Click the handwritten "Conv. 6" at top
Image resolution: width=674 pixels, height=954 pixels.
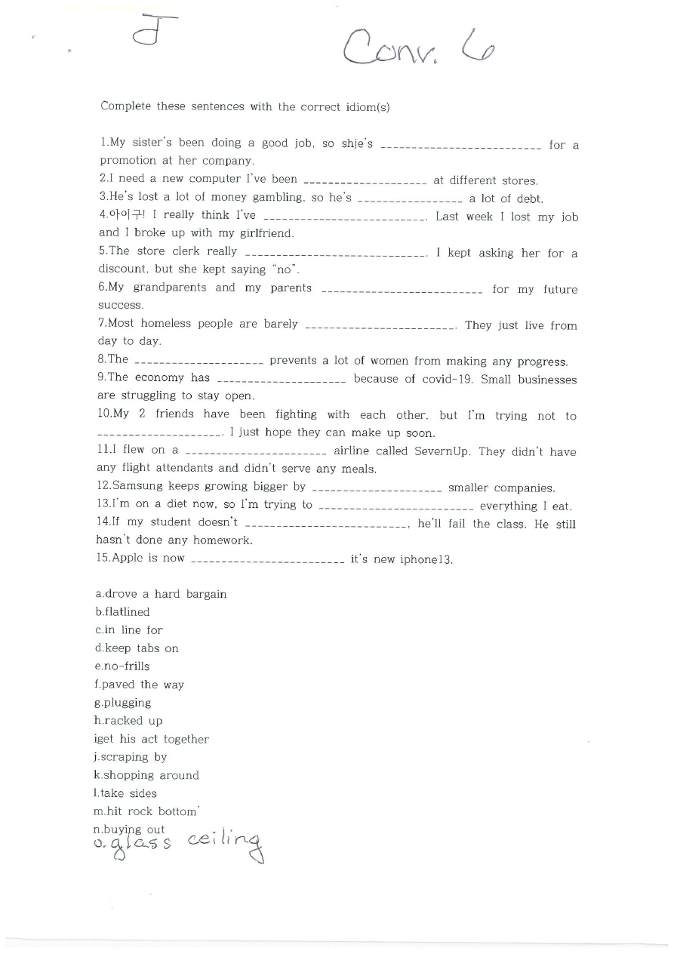pos(419,47)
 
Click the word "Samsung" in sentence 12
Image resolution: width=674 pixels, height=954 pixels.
pos(138,487)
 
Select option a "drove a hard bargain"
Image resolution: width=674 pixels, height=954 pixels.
pos(161,594)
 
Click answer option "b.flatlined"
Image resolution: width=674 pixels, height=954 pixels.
pos(122,612)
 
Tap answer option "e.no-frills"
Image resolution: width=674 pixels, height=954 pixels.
pos(122,666)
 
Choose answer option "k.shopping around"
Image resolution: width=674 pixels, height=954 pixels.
pos(146,775)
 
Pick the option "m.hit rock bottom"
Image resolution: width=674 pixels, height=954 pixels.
pos(146,811)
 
